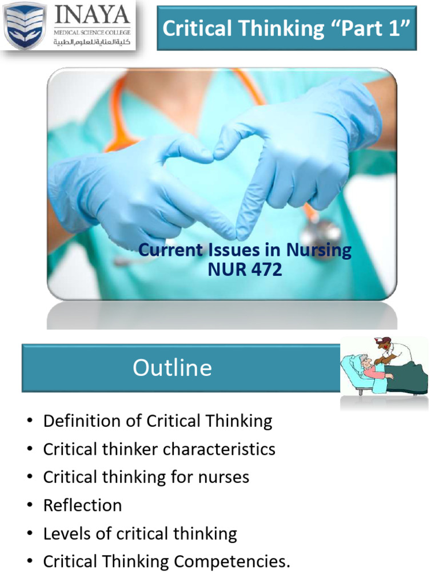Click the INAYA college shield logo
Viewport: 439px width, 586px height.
pos(25,26)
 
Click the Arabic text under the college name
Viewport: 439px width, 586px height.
pos(91,42)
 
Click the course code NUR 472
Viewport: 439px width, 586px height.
pos(245,269)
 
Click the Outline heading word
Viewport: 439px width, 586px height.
pos(172,367)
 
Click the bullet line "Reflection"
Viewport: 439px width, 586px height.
pos(82,505)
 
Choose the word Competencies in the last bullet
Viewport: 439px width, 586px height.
pos(232,562)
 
